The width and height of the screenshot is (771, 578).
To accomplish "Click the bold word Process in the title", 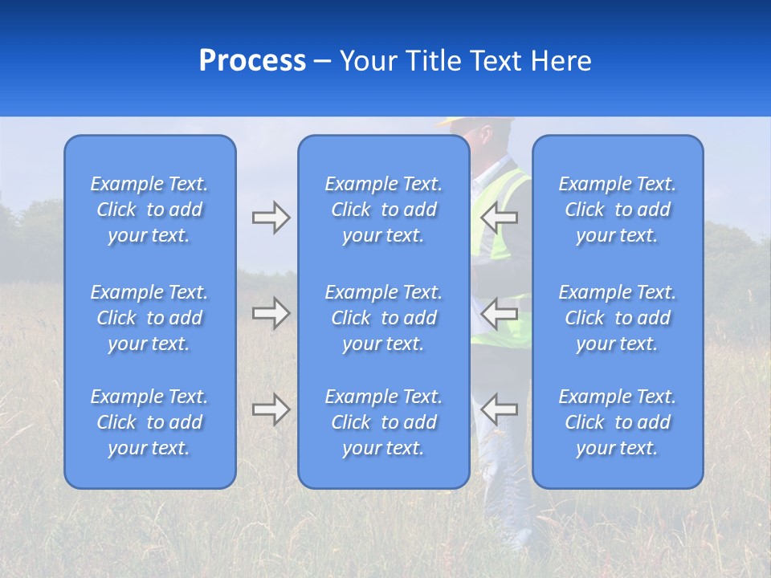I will coord(252,61).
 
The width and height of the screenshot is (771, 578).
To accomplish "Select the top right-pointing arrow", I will coord(271,218).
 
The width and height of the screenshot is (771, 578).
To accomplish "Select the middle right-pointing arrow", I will coord(271,313).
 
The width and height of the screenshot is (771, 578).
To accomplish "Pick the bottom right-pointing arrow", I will coord(271,409).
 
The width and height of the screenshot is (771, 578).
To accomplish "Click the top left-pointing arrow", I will coord(500,217).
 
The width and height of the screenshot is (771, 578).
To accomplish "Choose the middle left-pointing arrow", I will coord(500,313).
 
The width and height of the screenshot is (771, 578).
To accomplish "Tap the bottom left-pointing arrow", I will coord(500,409).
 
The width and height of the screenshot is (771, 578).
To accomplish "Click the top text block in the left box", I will coord(149,210).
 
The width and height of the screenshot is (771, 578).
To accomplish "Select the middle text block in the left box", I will coord(149,318).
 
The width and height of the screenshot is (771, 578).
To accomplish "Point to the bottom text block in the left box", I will coord(149,422).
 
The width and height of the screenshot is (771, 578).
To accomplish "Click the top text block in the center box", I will coord(384,210).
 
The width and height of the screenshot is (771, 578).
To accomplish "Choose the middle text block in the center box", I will coord(384,318).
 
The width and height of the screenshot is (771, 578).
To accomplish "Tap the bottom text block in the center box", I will coord(384,422).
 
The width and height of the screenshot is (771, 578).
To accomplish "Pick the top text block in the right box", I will coord(618,210).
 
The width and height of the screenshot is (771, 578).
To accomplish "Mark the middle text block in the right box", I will coord(618,318).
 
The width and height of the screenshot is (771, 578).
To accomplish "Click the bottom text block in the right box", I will coord(618,422).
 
